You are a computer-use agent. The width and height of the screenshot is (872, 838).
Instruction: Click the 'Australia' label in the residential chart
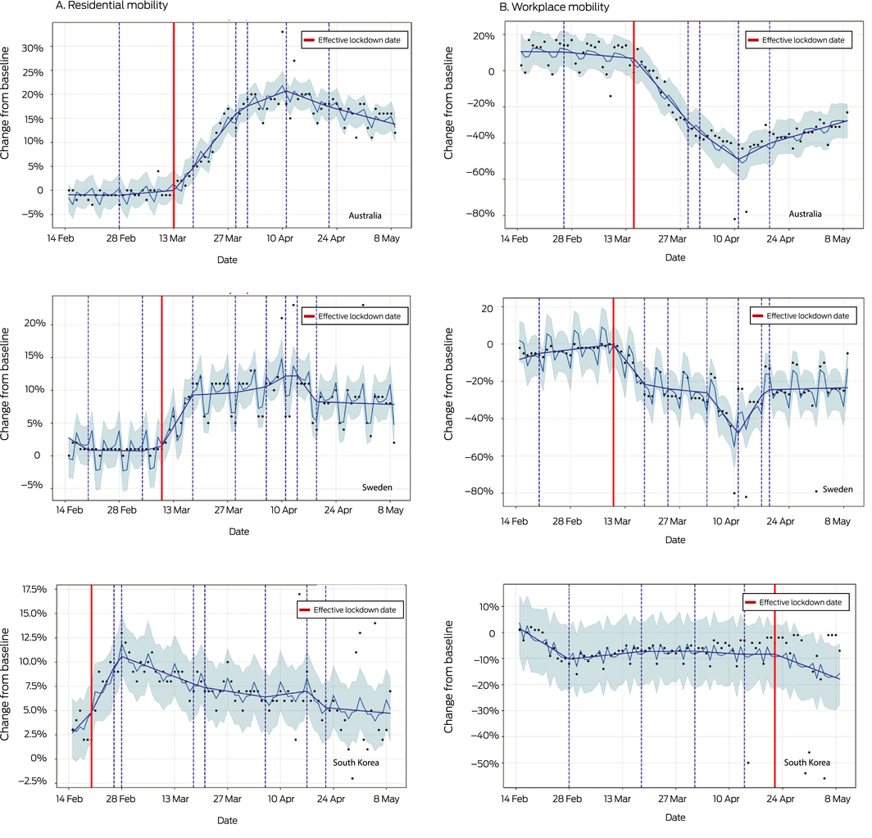[366, 216]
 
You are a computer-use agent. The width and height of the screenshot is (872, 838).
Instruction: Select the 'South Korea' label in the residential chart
[357, 763]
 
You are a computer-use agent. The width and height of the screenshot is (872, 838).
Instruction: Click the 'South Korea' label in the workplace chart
[806, 762]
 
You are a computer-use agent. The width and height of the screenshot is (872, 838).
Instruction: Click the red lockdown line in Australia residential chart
[174, 123]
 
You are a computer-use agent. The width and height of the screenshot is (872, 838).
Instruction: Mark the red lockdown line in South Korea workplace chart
[774, 696]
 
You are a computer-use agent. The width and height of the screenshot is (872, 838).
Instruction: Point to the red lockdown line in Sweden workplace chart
[613, 410]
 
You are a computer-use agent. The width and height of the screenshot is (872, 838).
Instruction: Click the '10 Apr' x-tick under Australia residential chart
[281, 238]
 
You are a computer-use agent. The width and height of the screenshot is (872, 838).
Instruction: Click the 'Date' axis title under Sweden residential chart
[239, 532]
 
